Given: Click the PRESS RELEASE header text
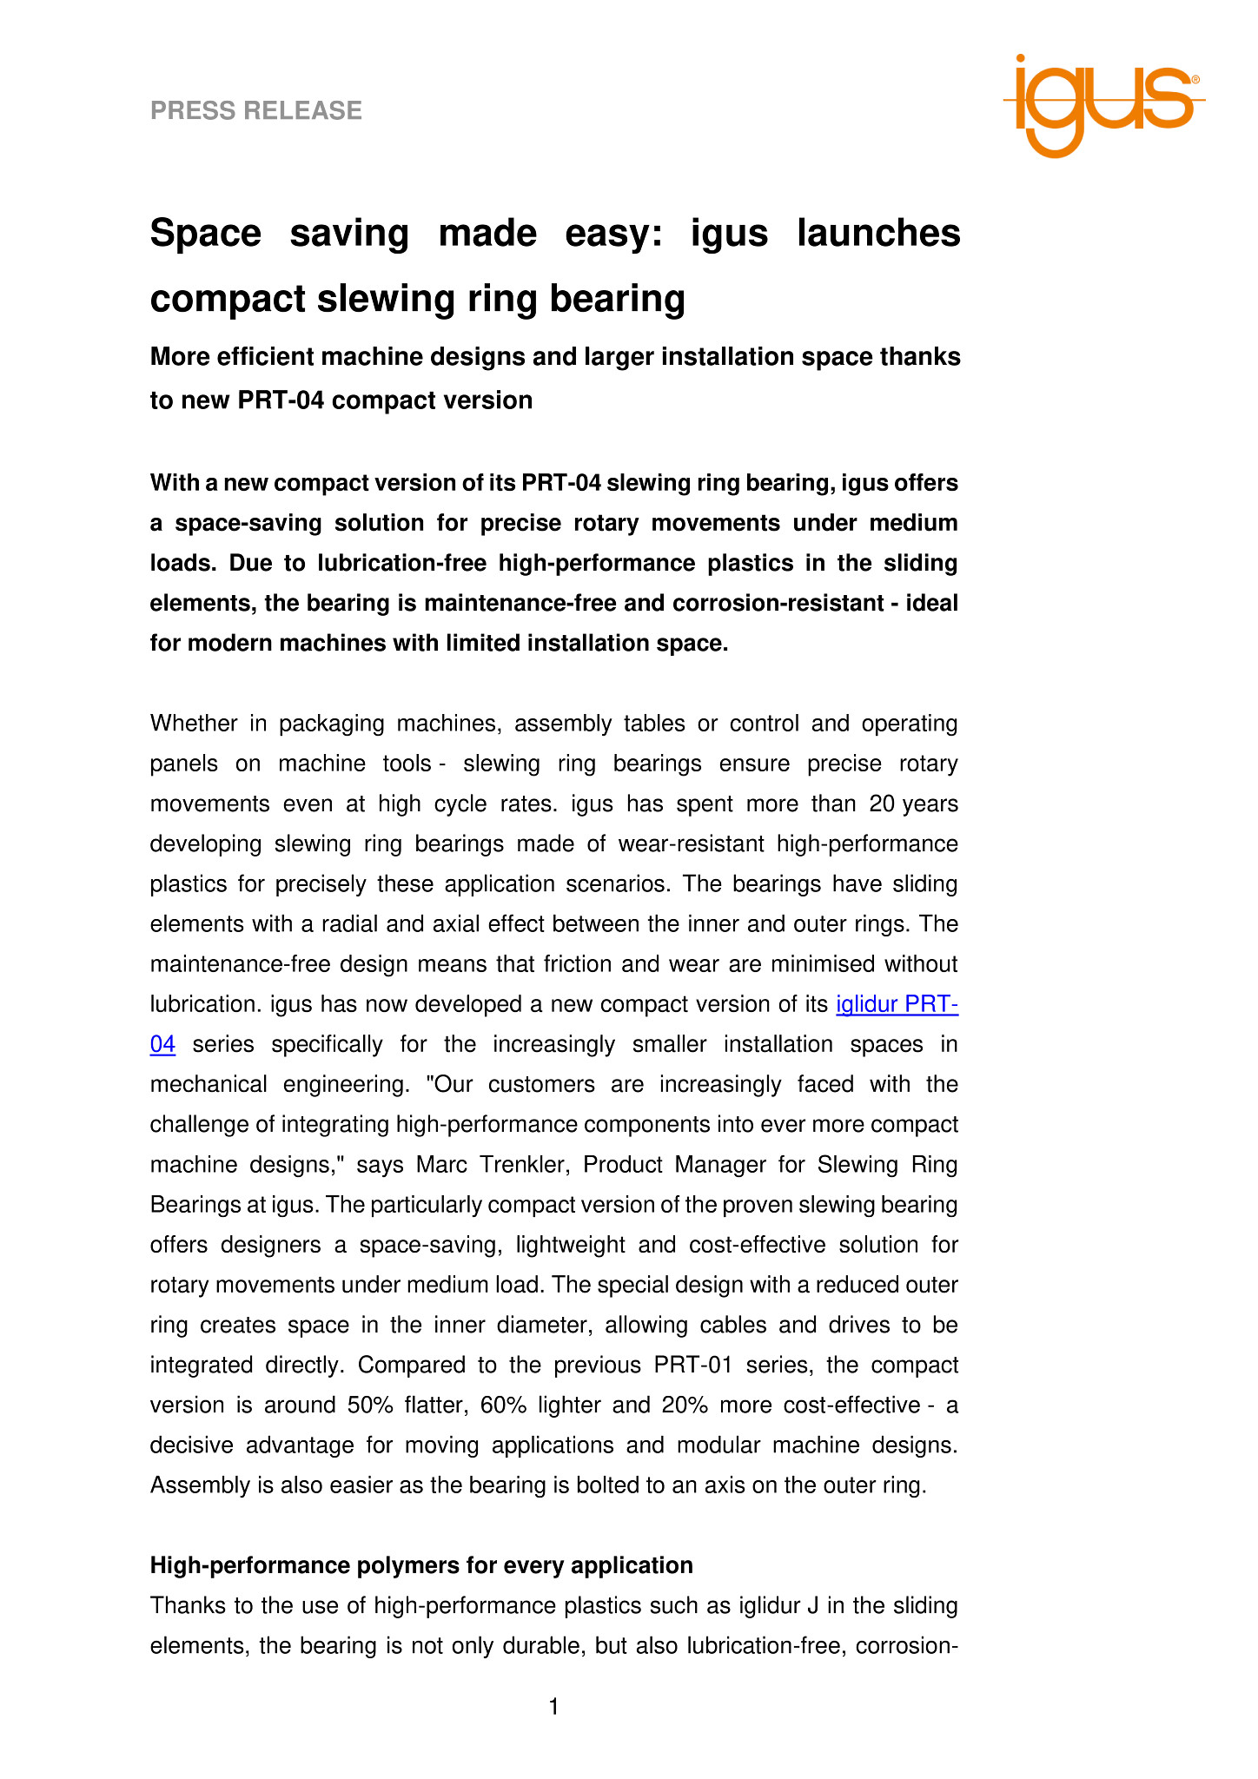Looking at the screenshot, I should click(256, 110).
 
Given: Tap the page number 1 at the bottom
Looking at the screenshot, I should click(554, 1708).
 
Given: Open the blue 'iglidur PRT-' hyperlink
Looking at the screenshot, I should click(897, 1005).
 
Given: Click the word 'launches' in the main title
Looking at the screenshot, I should click(878, 234).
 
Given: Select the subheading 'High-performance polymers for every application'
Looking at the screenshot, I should click(421, 1565).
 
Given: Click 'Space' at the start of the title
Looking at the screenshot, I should click(206, 234).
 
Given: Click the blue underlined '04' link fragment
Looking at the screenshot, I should click(163, 1045).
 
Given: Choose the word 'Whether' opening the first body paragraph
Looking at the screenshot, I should click(198, 724).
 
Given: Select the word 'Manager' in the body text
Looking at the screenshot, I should click(726, 1165).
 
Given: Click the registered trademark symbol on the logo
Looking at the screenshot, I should click(1195, 79).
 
